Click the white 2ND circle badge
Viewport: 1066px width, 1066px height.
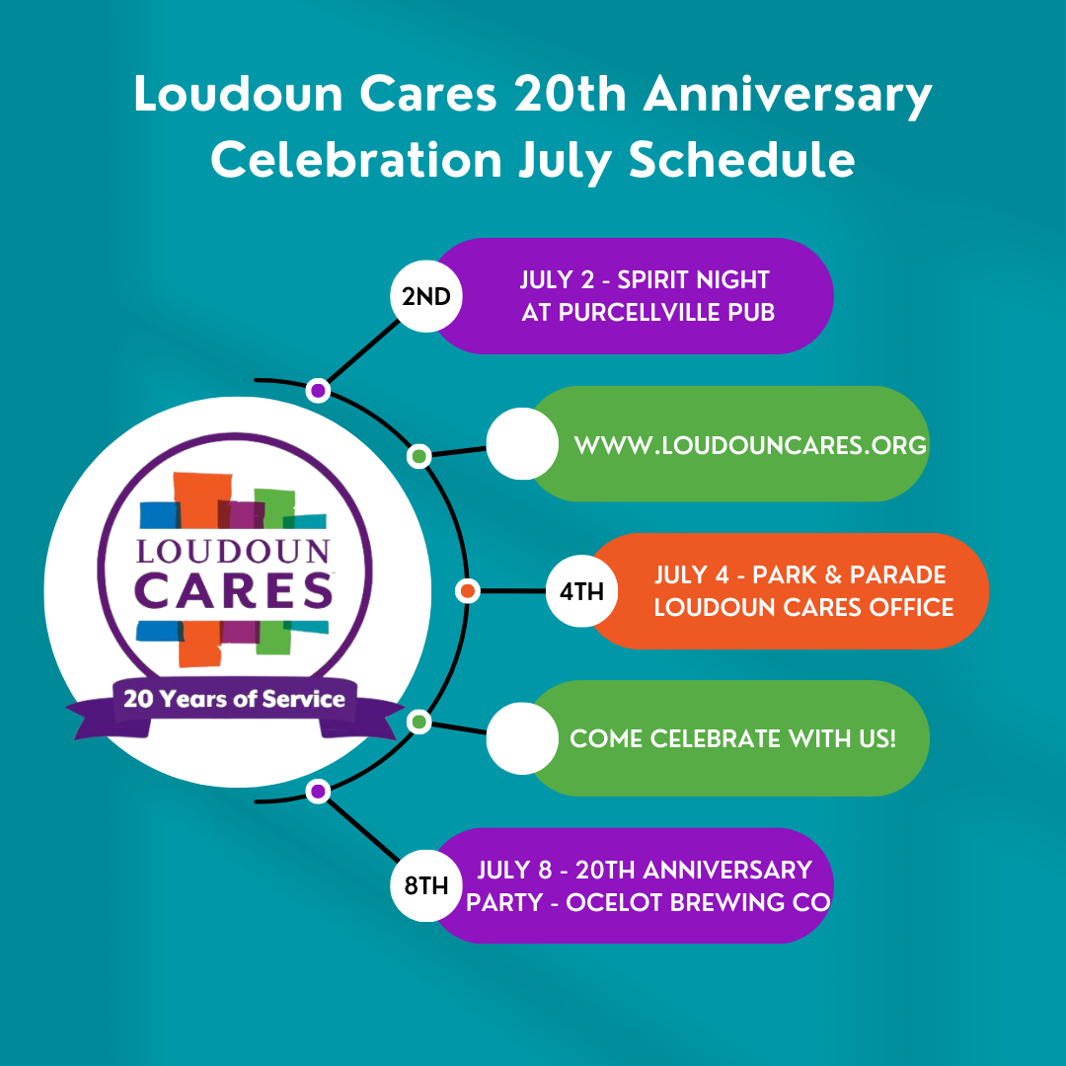point(426,296)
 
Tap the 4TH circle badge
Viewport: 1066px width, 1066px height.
point(582,591)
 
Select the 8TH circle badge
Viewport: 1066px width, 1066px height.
point(426,885)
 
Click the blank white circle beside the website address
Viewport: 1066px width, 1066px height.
point(522,444)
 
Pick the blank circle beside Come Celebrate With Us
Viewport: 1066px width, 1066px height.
point(522,738)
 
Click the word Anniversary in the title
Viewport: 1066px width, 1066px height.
point(788,94)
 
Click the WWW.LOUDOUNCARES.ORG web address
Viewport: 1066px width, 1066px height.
point(750,445)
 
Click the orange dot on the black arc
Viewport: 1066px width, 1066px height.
point(468,591)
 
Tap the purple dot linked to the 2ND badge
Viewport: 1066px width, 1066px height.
point(318,390)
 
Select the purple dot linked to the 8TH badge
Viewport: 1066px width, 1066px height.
point(318,792)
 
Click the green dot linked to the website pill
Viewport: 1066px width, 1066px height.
point(419,455)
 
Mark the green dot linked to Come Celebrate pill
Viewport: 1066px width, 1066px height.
point(419,722)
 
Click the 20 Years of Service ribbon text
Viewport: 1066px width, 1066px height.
point(234,699)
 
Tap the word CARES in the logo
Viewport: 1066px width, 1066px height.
point(234,590)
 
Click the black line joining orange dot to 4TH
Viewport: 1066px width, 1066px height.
point(513,591)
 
